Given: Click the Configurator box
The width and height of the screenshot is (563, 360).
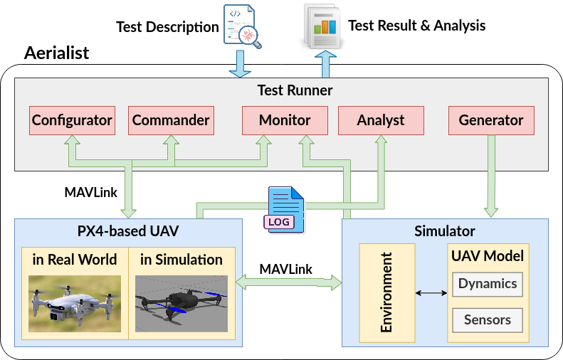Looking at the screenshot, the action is click(72, 121).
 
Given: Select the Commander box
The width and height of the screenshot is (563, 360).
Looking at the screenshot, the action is click(171, 121).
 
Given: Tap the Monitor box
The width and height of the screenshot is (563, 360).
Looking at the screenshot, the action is click(285, 121).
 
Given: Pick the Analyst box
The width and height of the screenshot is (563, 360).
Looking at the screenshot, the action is click(381, 121).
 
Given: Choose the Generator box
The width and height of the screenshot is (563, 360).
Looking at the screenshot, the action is click(491, 121).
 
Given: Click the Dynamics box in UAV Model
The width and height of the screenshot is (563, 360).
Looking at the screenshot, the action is click(488, 285).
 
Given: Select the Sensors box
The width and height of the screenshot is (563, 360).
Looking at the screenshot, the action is click(488, 320).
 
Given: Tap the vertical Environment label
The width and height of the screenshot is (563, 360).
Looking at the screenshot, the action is click(386, 292).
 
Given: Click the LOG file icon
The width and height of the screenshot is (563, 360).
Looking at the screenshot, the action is click(285, 210).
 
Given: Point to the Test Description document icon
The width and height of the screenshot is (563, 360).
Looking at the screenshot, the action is click(242, 26).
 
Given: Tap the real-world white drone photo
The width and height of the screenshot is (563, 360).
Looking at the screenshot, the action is click(75, 304).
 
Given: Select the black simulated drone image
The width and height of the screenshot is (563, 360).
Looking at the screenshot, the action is click(181, 304).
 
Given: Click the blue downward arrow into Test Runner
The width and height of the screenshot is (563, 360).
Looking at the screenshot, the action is click(240, 63).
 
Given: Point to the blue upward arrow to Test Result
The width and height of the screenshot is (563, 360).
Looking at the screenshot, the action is click(325, 64).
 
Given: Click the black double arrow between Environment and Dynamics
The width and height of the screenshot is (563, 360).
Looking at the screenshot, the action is click(431, 293).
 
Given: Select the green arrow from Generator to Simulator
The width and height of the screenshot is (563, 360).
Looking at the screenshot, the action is click(491, 176).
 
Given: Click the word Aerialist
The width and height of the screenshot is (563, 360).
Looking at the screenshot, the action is click(56, 53).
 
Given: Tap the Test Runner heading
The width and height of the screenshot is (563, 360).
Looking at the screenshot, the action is click(295, 90).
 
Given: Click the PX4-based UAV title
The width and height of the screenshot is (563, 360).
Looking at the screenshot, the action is click(128, 231).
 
